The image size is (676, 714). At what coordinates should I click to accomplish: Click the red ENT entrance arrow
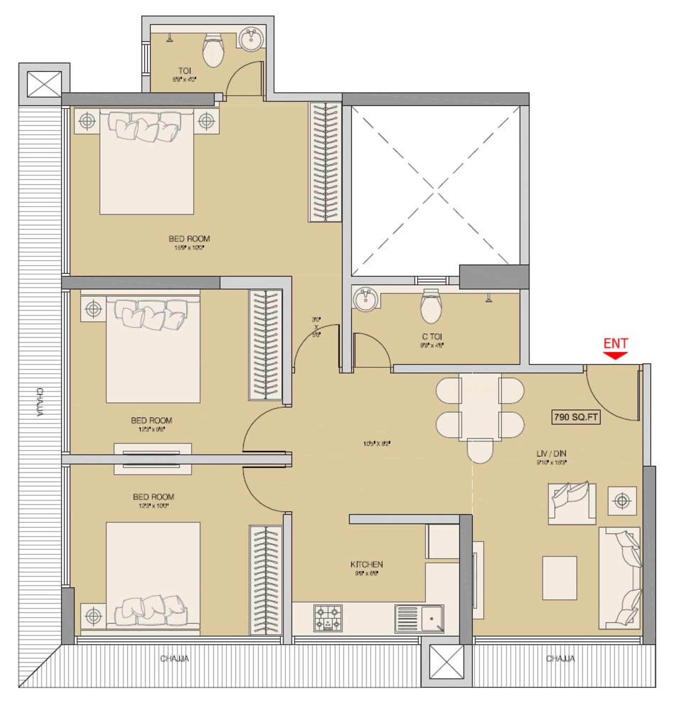(x=615, y=356)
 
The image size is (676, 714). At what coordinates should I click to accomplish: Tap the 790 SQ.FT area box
(x=576, y=417)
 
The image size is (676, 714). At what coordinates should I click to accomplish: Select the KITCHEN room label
(x=367, y=564)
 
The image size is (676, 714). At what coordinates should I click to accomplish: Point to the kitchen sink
(x=419, y=619)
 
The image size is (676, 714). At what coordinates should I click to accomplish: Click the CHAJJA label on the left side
(x=40, y=402)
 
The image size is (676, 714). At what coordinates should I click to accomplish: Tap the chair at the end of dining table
(x=480, y=451)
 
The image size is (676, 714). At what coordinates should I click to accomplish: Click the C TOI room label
(x=432, y=337)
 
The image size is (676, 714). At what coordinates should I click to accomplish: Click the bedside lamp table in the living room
(x=622, y=501)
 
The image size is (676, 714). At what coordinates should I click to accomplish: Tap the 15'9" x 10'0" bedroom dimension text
(x=189, y=248)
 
